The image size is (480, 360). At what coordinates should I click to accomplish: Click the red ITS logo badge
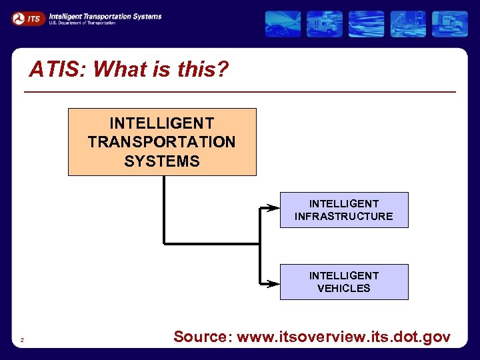(29, 19)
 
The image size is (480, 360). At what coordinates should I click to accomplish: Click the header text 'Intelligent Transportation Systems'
(105, 15)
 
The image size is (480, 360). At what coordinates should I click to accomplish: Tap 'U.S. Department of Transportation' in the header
(82, 23)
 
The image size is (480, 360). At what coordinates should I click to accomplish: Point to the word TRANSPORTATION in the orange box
(162, 142)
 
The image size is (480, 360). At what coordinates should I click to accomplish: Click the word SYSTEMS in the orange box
(162, 161)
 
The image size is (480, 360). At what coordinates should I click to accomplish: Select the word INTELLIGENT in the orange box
(162, 123)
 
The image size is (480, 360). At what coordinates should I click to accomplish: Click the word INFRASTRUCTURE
(344, 217)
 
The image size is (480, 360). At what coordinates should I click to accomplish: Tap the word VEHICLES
(344, 289)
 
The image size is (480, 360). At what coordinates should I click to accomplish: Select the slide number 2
(22, 341)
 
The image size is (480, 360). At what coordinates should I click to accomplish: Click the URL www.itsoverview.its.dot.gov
(343, 337)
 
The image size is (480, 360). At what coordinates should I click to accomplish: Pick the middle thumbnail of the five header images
(366, 24)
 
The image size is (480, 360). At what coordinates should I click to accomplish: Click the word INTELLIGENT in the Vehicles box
(344, 275)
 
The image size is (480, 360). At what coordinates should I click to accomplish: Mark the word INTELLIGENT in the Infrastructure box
(344, 203)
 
